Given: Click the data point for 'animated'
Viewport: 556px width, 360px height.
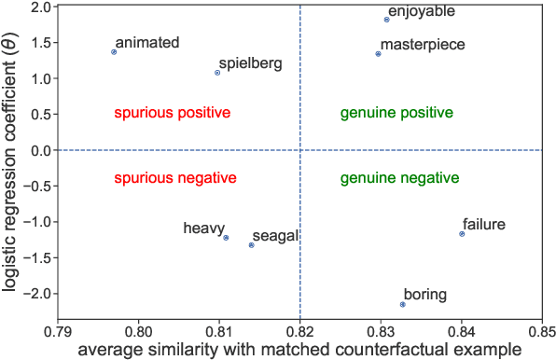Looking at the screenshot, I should (x=114, y=52).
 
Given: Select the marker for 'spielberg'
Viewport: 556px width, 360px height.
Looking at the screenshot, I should (x=217, y=73).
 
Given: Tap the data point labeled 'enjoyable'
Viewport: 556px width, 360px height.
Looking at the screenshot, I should (x=386, y=20).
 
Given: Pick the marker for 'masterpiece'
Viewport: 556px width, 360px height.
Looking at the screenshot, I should (x=378, y=54).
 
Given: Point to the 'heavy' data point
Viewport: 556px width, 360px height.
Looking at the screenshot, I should (x=226, y=238).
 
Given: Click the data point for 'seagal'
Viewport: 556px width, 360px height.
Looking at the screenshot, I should (x=251, y=245).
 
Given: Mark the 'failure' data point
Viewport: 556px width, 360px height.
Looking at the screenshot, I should (x=462, y=234).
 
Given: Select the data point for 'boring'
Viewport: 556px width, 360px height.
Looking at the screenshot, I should (x=403, y=305).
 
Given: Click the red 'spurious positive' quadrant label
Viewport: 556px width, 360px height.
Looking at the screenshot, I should (x=173, y=113).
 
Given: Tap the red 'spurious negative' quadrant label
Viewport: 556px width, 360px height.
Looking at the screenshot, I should (x=174, y=178).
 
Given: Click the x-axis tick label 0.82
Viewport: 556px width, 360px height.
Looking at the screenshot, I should (x=299, y=330).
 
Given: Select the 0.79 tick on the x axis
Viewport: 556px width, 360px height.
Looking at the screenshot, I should (x=58, y=330).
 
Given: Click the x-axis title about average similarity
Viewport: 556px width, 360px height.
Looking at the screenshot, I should (x=299, y=350).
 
